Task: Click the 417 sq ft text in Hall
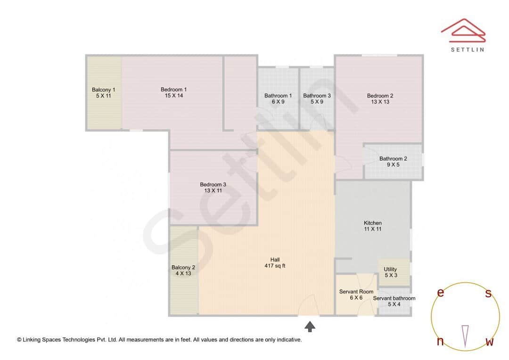coord(275,266)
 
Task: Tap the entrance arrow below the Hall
coord(310,326)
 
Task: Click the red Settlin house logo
coord(463,29)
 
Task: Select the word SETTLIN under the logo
coord(468,49)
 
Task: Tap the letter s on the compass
coord(488,294)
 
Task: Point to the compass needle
coord(465,335)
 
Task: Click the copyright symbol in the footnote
coord(19,340)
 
